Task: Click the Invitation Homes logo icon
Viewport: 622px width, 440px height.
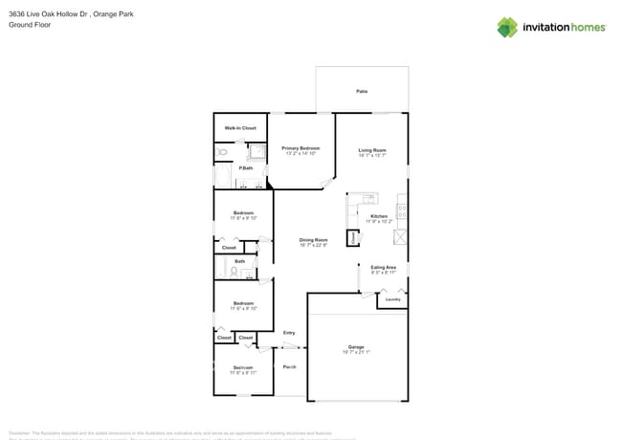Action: click(x=507, y=27)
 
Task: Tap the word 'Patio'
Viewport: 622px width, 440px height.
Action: click(x=362, y=91)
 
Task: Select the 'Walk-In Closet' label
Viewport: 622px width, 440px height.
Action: click(x=240, y=127)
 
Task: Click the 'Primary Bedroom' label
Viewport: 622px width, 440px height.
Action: click(x=300, y=148)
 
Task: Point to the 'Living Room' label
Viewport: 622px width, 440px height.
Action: click(x=372, y=149)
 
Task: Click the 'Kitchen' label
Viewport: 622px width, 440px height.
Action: click(x=379, y=216)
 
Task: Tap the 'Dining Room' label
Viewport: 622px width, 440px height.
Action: click(x=313, y=240)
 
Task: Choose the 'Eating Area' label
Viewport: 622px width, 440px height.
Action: click(x=383, y=267)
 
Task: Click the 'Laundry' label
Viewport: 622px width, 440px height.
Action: click(x=390, y=300)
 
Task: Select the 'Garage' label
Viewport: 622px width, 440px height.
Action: click(x=356, y=346)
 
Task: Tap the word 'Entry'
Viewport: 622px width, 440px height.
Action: click(x=289, y=332)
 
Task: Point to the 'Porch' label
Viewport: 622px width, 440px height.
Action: click(x=289, y=366)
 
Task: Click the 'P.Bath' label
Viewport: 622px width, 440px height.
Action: click(x=246, y=168)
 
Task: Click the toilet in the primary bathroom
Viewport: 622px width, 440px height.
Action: click(x=222, y=151)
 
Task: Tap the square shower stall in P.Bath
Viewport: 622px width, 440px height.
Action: click(x=256, y=150)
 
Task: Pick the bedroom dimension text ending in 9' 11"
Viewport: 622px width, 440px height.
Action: click(x=243, y=373)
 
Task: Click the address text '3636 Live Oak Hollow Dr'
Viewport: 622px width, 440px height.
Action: click(x=45, y=14)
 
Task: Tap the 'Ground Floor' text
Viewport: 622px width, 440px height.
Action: click(x=30, y=25)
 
